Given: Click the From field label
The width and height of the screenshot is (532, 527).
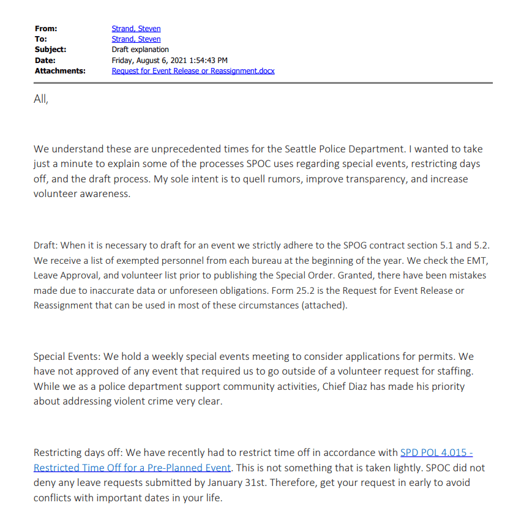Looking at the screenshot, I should pyautogui.click(x=45, y=29).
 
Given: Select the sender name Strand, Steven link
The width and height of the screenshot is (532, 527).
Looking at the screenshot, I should pyautogui.click(x=136, y=29).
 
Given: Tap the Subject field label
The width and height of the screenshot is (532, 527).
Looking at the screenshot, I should pyautogui.click(x=50, y=50).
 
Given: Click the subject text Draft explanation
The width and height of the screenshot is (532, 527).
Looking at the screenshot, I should pyautogui.click(x=140, y=50).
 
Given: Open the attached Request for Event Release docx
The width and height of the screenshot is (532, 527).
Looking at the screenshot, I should pyautogui.click(x=193, y=70).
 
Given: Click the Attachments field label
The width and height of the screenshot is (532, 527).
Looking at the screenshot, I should pyautogui.click(x=59, y=70).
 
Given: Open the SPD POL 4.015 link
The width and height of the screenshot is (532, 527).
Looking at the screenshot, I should pyautogui.click(x=436, y=453).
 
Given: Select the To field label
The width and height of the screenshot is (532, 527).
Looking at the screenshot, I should pyautogui.click(x=40, y=39).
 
